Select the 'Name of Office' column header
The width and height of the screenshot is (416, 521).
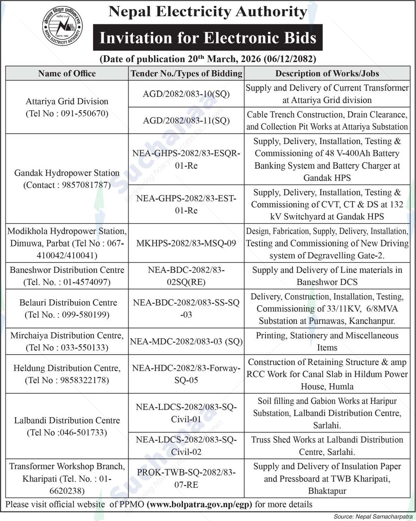tap(67, 74)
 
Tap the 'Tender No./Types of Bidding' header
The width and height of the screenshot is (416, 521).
tap(186, 74)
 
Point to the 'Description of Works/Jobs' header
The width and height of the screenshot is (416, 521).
tap(327, 74)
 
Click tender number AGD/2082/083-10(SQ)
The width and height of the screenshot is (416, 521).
tap(186, 94)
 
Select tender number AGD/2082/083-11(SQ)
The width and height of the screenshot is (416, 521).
tap(186, 120)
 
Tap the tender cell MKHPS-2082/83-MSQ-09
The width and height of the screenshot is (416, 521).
tap(186, 243)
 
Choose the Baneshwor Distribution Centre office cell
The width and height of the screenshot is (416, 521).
tap(67, 276)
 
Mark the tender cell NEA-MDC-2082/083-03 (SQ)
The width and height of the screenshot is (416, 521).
tap(186, 341)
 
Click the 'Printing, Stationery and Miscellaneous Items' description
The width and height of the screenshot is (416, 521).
tap(327, 341)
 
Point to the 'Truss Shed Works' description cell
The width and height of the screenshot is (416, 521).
tap(327, 446)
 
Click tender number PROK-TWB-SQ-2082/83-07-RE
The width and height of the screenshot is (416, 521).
tap(186, 478)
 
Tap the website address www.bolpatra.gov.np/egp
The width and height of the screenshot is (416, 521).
tap(199, 504)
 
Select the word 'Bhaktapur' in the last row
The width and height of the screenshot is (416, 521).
tap(327, 491)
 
